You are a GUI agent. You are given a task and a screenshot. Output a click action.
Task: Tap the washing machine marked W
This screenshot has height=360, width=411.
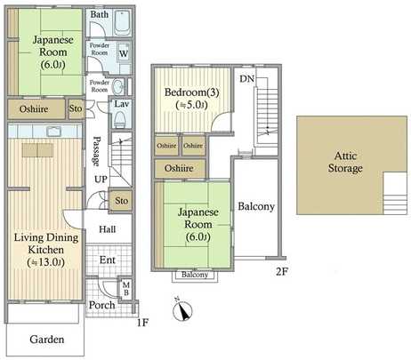click(x=123, y=53)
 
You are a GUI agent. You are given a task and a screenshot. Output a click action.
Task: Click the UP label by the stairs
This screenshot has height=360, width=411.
click(x=102, y=180)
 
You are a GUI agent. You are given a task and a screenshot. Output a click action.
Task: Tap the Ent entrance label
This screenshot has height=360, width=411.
click(x=107, y=260)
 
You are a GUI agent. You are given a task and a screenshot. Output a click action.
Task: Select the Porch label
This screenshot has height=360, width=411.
click(x=102, y=305)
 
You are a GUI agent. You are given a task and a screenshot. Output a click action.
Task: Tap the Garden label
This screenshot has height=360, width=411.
click(x=45, y=340)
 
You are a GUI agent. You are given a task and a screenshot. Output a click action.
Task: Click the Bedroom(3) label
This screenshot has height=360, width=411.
click(x=187, y=94)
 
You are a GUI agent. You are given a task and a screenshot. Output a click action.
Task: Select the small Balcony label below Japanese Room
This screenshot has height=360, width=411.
click(x=196, y=276)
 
